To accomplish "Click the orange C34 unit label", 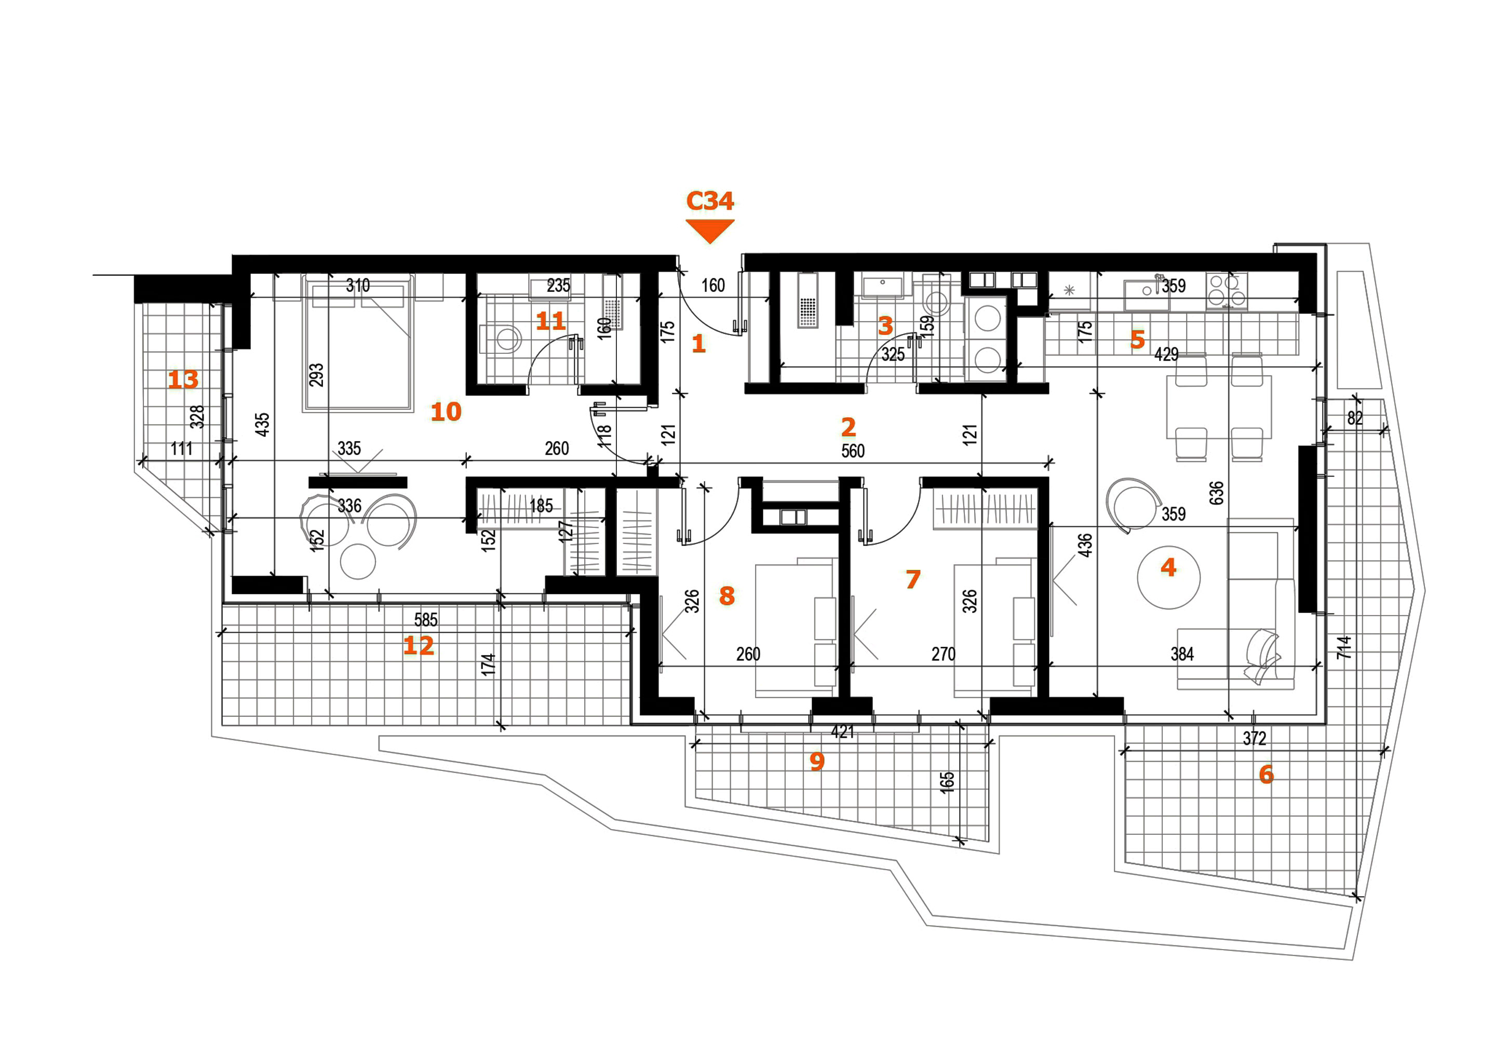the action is pyautogui.click(x=710, y=201).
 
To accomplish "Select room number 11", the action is pyautogui.click(x=550, y=321).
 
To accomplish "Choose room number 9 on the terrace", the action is pyautogui.click(x=817, y=761).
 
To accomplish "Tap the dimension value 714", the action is pyautogui.click(x=1344, y=647).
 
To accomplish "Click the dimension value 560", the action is pyautogui.click(x=852, y=451).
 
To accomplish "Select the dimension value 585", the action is pyautogui.click(x=425, y=619).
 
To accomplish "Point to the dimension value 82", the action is pyautogui.click(x=1355, y=418).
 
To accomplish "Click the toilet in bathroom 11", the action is pyautogui.click(x=501, y=339).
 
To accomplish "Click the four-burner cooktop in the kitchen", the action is pyautogui.click(x=1227, y=290).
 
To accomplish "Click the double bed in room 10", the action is pyautogui.click(x=357, y=343).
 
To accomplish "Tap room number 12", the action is pyautogui.click(x=419, y=645).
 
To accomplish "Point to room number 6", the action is pyautogui.click(x=1266, y=774).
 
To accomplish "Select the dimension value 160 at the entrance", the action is pyautogui.click(x=712, y=285).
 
